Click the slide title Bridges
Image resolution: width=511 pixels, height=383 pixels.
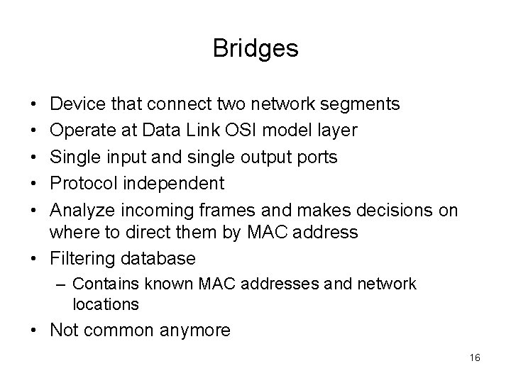click(255, 48)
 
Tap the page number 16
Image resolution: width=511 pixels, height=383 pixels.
click(476, 358)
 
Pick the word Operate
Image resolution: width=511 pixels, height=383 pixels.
click(80, 131)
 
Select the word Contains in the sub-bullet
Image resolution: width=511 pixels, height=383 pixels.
click(101, 284)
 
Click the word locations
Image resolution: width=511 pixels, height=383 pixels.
click(106, 304)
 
